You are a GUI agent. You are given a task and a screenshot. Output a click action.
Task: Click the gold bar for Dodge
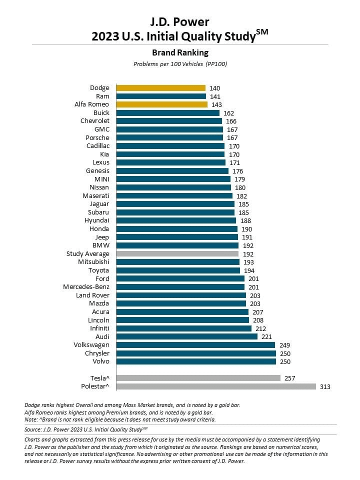(160, 88)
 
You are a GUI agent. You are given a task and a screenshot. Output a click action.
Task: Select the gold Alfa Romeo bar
(161, 104)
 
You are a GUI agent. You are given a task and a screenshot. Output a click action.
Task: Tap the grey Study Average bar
(177, 253)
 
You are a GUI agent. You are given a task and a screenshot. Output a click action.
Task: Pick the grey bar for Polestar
(216, 386)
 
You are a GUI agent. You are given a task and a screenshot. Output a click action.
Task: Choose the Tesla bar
(198, 378)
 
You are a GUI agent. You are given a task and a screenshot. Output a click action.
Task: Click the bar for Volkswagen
(195, 345)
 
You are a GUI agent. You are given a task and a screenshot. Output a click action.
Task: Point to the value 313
(325, 386)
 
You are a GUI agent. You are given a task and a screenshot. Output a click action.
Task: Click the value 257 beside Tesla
(289, 378)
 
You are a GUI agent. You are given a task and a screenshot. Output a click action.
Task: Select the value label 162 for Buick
(228, 113)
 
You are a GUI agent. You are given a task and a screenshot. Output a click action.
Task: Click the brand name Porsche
(97, 137)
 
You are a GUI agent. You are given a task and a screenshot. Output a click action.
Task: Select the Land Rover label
(92, 295)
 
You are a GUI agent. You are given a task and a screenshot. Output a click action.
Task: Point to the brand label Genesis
(97, 170)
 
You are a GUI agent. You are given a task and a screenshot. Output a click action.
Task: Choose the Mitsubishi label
(93, 262)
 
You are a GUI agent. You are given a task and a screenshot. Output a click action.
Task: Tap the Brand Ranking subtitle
(180, 52)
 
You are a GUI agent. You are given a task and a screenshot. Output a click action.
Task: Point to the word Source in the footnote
(33, 429)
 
